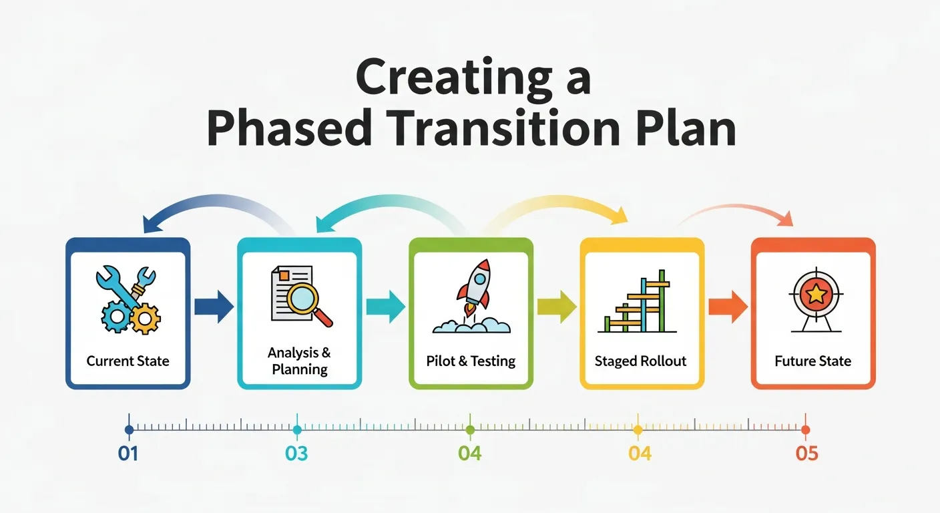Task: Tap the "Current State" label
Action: (x=128, y=361)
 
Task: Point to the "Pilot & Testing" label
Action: (x=471, y=361)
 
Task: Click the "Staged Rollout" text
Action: (x=640, y=361)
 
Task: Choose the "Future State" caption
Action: (x=812, y=361)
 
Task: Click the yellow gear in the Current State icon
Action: (x=144, y=319)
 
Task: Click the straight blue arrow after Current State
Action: (x=214, y=307)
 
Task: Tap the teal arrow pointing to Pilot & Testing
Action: (x=385, y=307)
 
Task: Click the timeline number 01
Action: (x=128, y=454)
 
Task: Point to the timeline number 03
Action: (x=296, y=454)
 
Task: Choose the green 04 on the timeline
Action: (x=470, y=454)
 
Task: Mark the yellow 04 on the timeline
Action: (x=640, y=454)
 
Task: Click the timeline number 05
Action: (x=806, y=454)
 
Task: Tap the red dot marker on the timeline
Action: (x=805, y=430)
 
